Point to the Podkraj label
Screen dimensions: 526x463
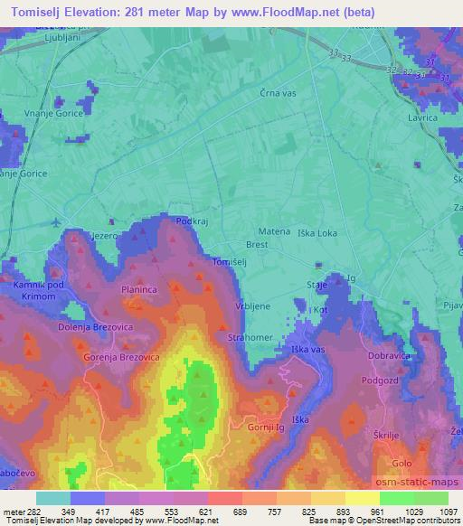(193, 221)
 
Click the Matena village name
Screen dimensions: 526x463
(275, 231)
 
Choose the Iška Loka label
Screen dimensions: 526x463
(316, 232)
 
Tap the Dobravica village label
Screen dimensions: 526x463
(392, 356)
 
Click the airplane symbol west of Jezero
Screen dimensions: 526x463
(59, 221)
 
